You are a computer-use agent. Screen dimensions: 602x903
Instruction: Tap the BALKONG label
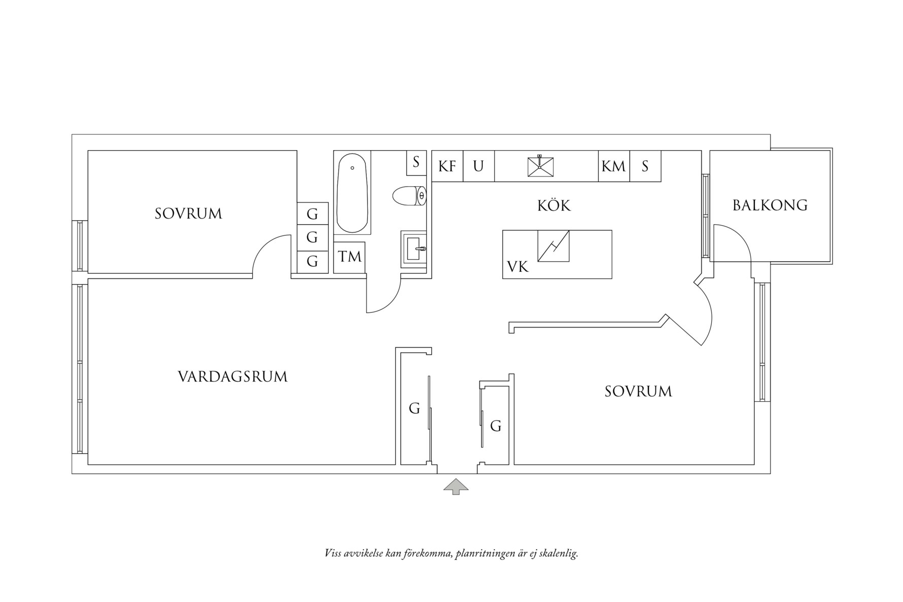770,205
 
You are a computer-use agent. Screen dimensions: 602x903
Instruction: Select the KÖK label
554,206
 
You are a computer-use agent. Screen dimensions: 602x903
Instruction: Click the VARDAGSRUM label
232,377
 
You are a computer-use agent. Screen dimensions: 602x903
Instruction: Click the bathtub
352,193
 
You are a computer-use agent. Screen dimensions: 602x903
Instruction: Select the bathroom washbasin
413,249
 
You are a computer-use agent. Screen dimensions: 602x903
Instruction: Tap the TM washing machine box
350,257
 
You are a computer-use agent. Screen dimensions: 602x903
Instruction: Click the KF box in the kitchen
447,166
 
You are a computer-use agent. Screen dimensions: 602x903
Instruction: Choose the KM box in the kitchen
614,166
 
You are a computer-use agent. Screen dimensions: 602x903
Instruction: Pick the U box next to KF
478,166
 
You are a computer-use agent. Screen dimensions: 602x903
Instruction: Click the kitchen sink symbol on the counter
540,166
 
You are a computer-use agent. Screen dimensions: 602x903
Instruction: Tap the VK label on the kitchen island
518,267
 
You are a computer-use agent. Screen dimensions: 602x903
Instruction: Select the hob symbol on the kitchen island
553,246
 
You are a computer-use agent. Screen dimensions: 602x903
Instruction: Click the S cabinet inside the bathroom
416,163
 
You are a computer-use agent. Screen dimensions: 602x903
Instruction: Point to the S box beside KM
645,166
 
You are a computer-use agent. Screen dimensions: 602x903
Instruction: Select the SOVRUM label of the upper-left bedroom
188,214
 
